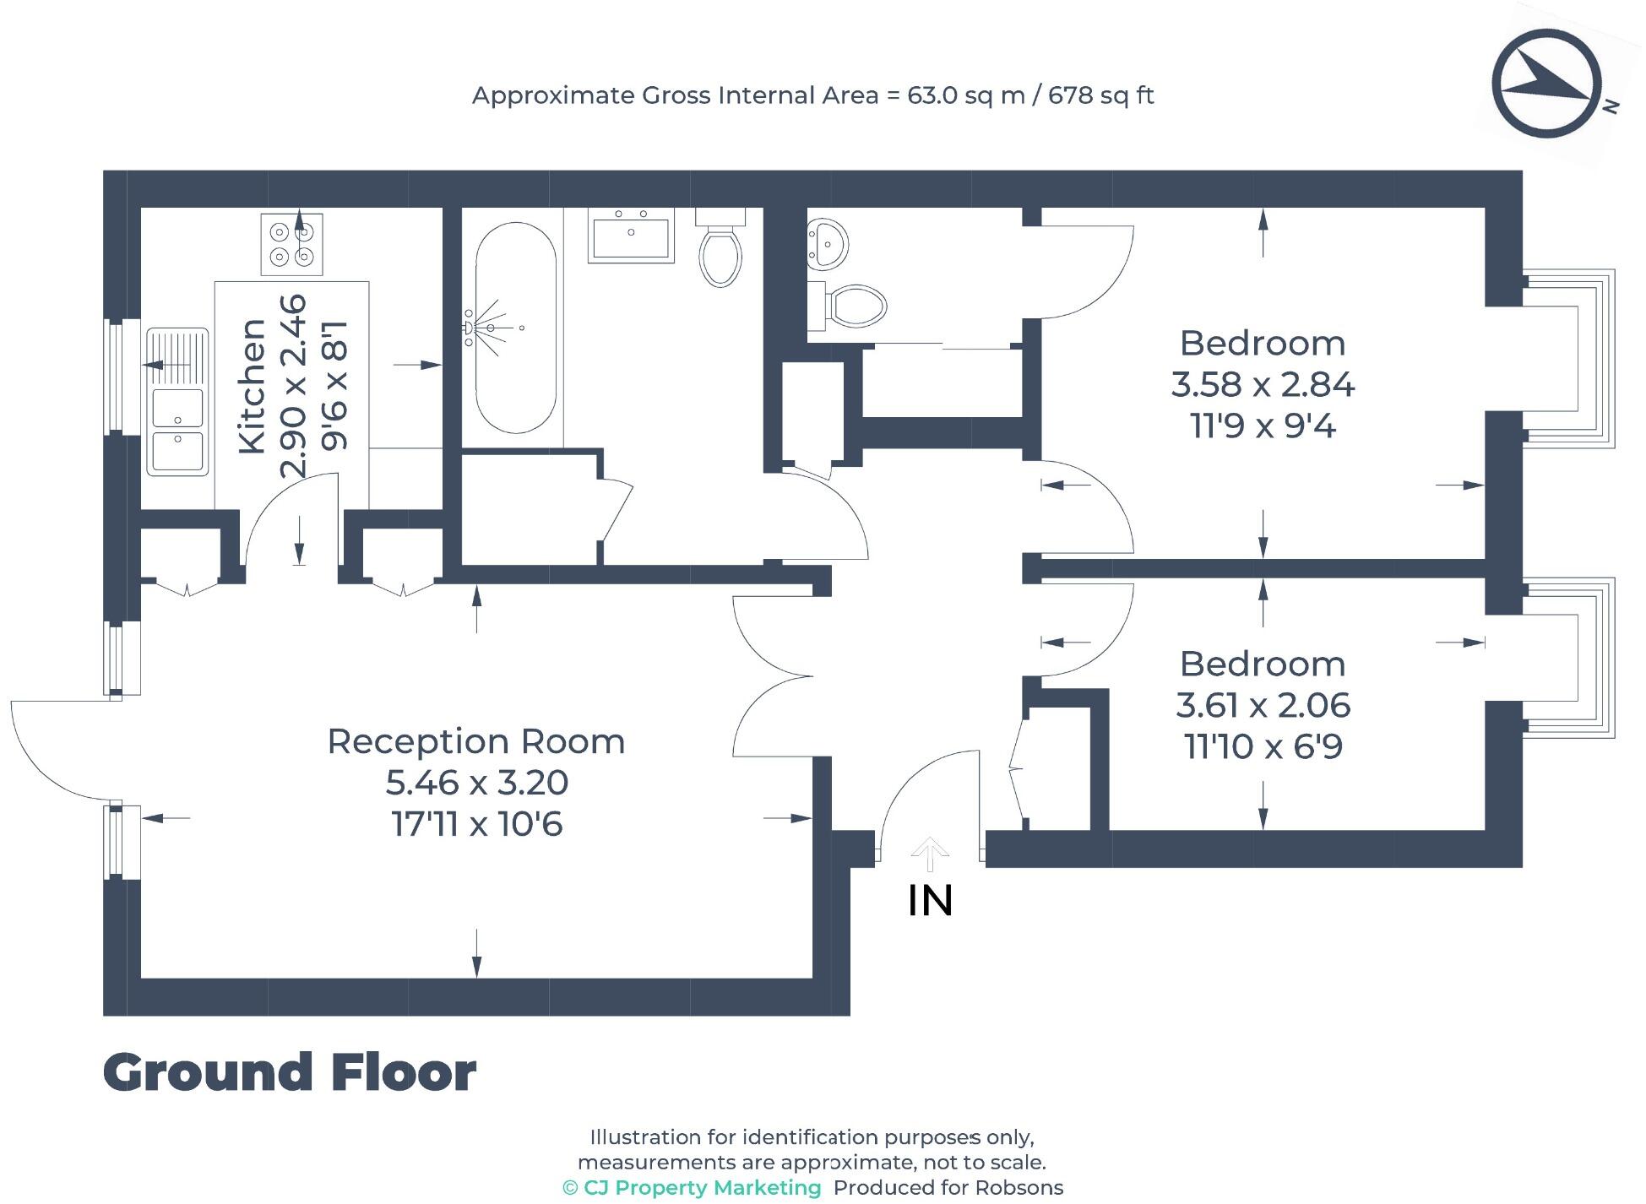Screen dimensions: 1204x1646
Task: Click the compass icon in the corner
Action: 1546,83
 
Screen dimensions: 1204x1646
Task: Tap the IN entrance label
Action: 930,901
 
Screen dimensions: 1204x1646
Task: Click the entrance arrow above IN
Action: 930,853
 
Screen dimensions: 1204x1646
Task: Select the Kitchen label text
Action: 253,386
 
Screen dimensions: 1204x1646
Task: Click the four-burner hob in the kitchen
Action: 291,244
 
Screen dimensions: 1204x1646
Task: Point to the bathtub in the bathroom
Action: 515,328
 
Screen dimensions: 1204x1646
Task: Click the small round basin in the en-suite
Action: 826,243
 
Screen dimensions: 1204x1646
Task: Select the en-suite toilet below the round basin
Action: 849,306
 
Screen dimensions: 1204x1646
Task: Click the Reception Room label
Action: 475,741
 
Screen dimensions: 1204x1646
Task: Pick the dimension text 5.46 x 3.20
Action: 476,783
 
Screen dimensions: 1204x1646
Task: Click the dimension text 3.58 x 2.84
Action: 1262,385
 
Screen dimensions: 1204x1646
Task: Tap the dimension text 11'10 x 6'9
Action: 1262,746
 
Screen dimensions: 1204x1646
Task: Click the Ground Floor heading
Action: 290,1072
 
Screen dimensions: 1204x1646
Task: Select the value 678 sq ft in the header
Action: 1100,95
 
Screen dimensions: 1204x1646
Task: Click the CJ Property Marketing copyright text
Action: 692,1187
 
